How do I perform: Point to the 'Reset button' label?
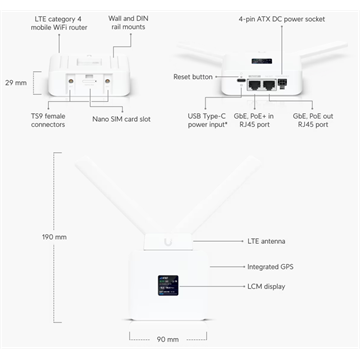tap(193, 76)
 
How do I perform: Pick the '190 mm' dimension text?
tap(26, 237)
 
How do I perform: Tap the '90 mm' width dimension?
tap(166, 339)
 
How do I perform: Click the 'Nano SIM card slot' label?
tap(121, 119)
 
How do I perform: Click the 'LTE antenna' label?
tap(266, 241)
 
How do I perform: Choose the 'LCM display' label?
tap(266, 287)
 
